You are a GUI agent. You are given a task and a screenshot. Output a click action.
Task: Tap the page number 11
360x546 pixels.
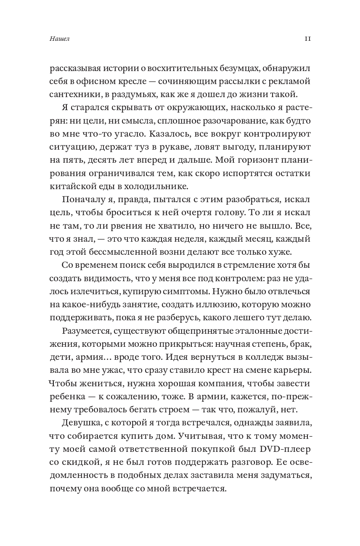(x=307, y=39)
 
